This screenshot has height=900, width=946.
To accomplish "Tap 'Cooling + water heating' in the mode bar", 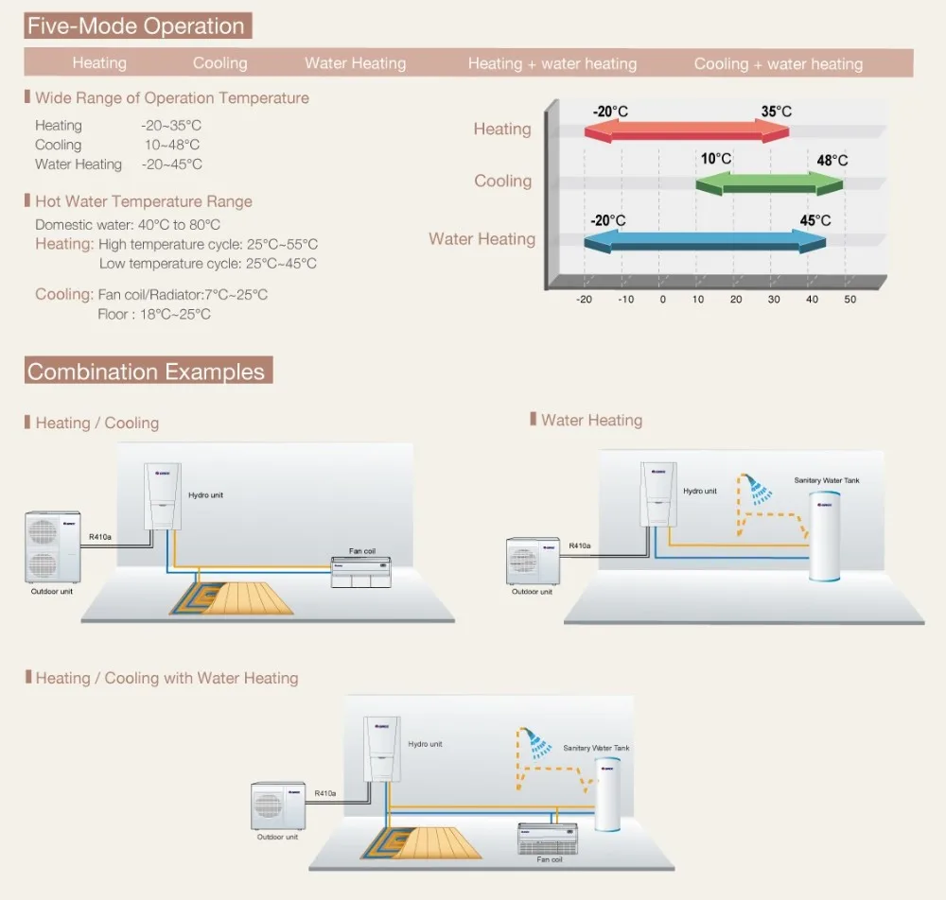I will [x=778, y=64].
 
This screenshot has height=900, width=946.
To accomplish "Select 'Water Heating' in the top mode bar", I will [x=355, y=64].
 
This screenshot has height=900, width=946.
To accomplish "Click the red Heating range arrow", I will [x=686, y=133].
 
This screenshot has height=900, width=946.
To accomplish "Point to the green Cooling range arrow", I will [x=769, y=182].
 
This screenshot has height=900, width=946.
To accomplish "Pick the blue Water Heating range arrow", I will [x=705, y=242].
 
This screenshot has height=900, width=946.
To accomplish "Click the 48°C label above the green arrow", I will [x=832, y=160].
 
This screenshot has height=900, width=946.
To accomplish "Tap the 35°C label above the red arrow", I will [x=776, y=112].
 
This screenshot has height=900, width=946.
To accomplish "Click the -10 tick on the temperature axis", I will [x=625, y=300].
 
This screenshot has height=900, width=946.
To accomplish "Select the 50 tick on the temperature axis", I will [x=850, y=300].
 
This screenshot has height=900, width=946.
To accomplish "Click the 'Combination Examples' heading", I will [x=147, y=372].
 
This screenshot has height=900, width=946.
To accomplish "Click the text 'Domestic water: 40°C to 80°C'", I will [x=128, y=225].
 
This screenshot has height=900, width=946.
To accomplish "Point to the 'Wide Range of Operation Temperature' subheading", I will [x=171, y=98].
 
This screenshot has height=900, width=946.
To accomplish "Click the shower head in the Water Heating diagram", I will [x=754, y=490].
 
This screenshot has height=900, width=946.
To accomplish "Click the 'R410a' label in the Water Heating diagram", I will [x=579, y=545].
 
